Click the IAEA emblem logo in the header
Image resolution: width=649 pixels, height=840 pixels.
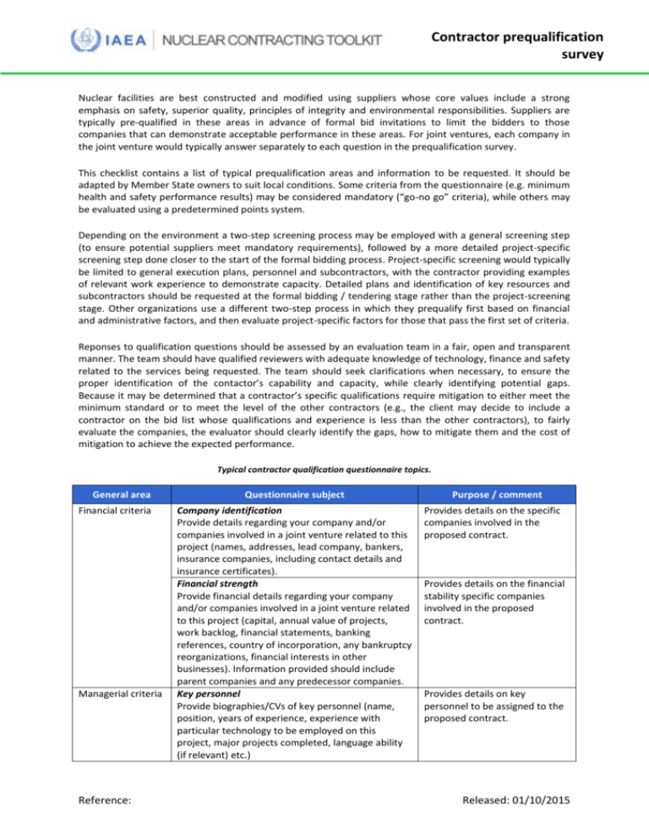83,39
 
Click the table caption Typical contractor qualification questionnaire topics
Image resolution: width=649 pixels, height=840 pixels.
324,471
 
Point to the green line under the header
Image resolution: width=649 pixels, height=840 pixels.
324,73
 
